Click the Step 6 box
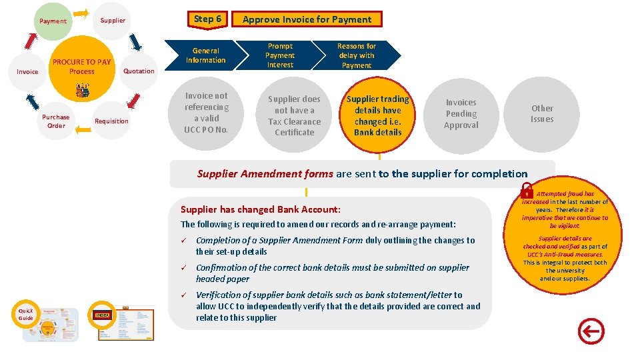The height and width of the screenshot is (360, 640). [207, 19]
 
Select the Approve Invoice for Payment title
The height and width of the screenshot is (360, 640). [307, 19]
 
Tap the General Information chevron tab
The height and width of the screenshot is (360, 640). [206, 55]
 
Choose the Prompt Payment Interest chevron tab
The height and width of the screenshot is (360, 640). [280, 55]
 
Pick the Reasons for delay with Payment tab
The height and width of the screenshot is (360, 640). [357, 55]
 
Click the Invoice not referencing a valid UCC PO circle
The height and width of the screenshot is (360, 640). [207, 113]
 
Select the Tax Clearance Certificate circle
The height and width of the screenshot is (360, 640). [294, 115]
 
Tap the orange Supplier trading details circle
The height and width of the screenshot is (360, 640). [378, 115]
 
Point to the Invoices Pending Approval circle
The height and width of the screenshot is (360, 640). [461, 113]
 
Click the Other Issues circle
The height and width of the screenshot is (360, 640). [542, 113]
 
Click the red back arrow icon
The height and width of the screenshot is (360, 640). [591, 331]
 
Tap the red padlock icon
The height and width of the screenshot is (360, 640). [527, 191]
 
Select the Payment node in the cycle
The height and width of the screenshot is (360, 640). [53, 21]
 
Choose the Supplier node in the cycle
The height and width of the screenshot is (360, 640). [113, 20]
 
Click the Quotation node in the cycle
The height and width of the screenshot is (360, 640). [139, 71]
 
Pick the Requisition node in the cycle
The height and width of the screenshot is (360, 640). [111, 121]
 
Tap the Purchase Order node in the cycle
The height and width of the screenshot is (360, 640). [56, 121]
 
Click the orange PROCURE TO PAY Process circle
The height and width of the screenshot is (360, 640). [82, 67]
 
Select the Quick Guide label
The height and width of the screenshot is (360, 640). [25, 314]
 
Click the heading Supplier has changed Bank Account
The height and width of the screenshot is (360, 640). [261, 209]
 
